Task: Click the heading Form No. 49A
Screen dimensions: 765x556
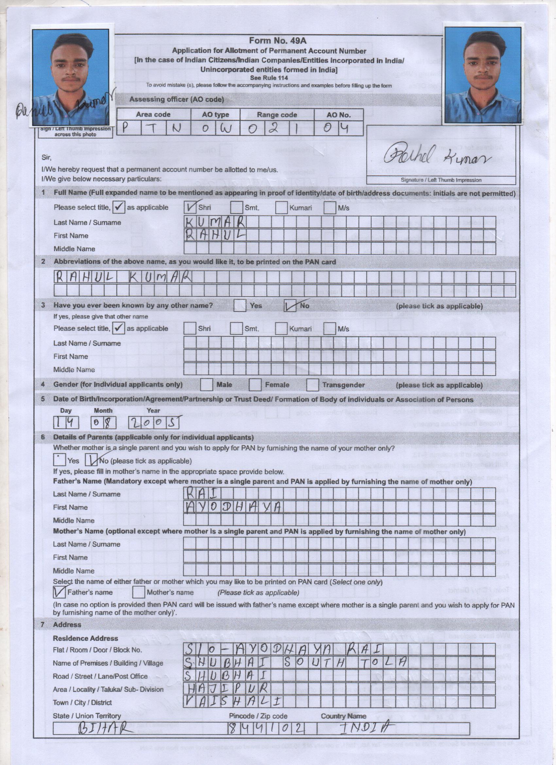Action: [277, 41]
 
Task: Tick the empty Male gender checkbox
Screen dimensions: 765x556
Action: [206, 384]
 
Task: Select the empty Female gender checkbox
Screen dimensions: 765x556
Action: [255, 384]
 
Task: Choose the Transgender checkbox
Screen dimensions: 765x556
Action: [312, 385]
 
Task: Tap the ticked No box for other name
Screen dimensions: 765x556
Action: [290, 306]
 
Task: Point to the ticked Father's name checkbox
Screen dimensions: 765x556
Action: [60, 592]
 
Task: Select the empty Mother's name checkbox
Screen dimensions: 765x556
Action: [138, 592]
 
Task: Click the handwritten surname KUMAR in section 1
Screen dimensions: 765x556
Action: [215, 222]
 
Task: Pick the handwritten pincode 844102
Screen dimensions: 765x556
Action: [266, 729]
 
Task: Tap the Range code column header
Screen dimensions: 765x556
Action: [277, 115]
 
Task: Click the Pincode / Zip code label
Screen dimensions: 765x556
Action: [258, 716]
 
